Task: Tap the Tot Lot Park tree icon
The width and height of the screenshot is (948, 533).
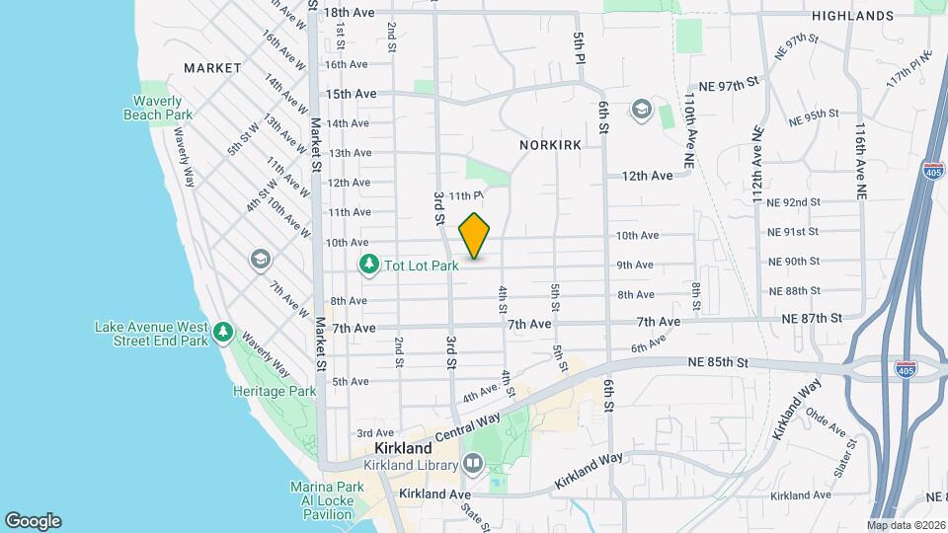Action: click(x=368, y=265)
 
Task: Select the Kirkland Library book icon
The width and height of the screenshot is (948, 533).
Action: click(x=472, y=463)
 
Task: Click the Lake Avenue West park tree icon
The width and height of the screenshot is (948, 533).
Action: click(x=224, y=333)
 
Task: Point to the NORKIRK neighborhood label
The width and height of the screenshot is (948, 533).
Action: click(x=548, y=144)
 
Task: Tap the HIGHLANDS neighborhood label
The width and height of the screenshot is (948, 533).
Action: click(x=852, y=16)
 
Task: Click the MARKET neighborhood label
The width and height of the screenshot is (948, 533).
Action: click(x=212, y=68)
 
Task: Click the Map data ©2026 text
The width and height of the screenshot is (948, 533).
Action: click(x=906, y=525)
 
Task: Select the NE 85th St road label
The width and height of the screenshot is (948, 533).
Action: click(x=721, y=362)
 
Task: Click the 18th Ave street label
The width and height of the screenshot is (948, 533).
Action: click(x=350, y=13)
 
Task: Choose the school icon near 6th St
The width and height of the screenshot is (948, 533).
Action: click(x=641, y=109)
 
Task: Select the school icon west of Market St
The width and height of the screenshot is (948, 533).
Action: click(x=261, y=259)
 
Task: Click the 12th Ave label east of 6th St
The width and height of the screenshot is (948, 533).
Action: click(x=647, y=176)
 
